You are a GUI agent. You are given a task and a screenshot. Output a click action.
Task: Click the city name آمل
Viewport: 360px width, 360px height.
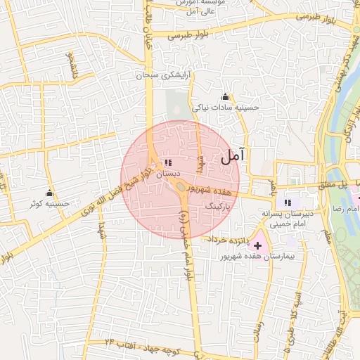pos(230,157)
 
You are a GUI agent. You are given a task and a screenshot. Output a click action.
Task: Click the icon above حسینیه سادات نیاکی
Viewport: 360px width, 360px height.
pos(225,96)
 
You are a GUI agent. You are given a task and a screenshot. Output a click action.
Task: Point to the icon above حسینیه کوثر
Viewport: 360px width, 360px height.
pos(49,193)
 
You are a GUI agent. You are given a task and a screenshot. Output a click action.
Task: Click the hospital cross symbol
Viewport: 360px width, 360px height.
pos(257,245)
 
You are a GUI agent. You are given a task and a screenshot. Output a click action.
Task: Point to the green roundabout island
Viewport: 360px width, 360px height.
pos(181,186)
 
